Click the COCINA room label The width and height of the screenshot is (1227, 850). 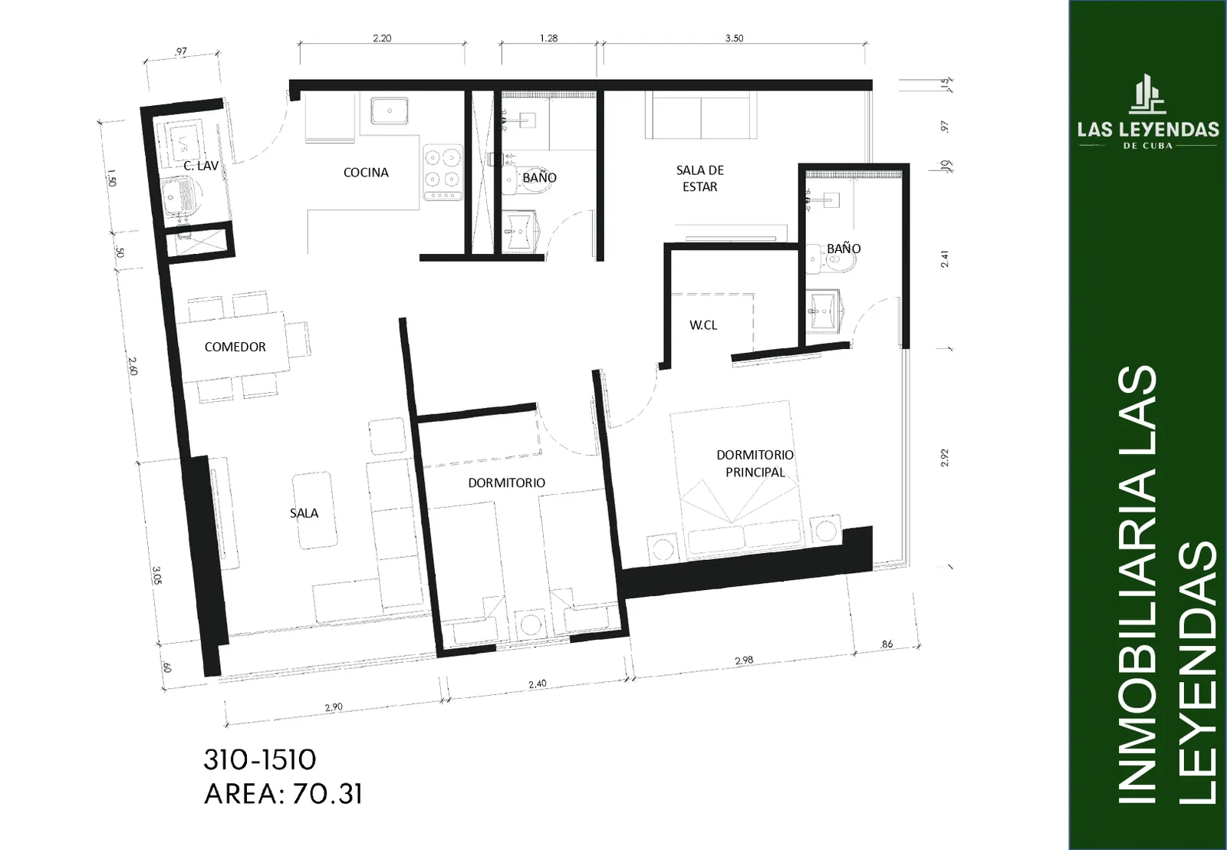click(x=366, y=173)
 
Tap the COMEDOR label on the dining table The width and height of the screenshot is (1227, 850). click(x=235, y=347)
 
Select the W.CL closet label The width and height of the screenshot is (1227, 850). click(x=703, y=325)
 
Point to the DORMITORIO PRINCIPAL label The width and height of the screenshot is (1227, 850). click(x=755, y=463)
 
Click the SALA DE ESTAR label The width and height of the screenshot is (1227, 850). click(x=700, y=179)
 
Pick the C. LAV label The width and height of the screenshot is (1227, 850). click(x=201, y=166)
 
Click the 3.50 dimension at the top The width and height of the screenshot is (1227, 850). click(x=734, y=38)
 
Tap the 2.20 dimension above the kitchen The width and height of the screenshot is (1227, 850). click(x=382, y=38)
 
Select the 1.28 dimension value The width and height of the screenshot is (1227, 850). click(x=548, y=38)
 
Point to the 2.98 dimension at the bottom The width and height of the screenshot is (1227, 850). click(x=744, y=661)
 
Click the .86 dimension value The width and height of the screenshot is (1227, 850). click(x=887, y=644)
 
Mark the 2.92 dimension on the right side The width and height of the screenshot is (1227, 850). click(x=944, y=458)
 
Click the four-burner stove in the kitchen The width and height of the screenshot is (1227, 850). click(x=443, y=173)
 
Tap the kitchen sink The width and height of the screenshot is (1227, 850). click(x=390, y=110)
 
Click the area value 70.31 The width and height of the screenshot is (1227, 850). click(x=327, y=794)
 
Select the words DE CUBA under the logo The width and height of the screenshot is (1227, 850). click(x=1148, y=146)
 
